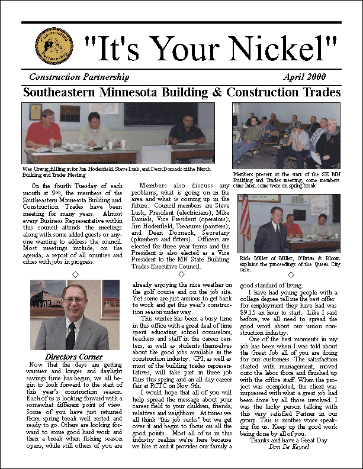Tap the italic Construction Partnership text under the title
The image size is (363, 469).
coord(79,77)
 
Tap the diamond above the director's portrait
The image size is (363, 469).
coord(75,274)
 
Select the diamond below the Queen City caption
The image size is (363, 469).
coord(290,274)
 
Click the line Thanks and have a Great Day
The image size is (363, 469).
coord(288,440)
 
